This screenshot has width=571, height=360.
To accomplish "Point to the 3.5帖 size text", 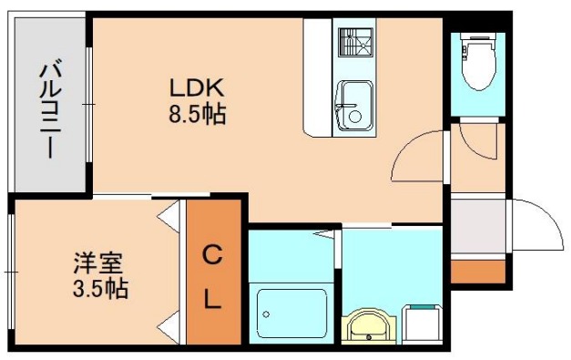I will [x=100, y=290].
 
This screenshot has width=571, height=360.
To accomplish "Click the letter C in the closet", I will [x=210, y=254].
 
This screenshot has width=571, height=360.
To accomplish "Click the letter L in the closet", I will [x=210, y=298].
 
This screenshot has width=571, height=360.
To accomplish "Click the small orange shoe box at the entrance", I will [x=477, y=271].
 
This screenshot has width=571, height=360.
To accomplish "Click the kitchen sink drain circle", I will [x=354, y=115].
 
